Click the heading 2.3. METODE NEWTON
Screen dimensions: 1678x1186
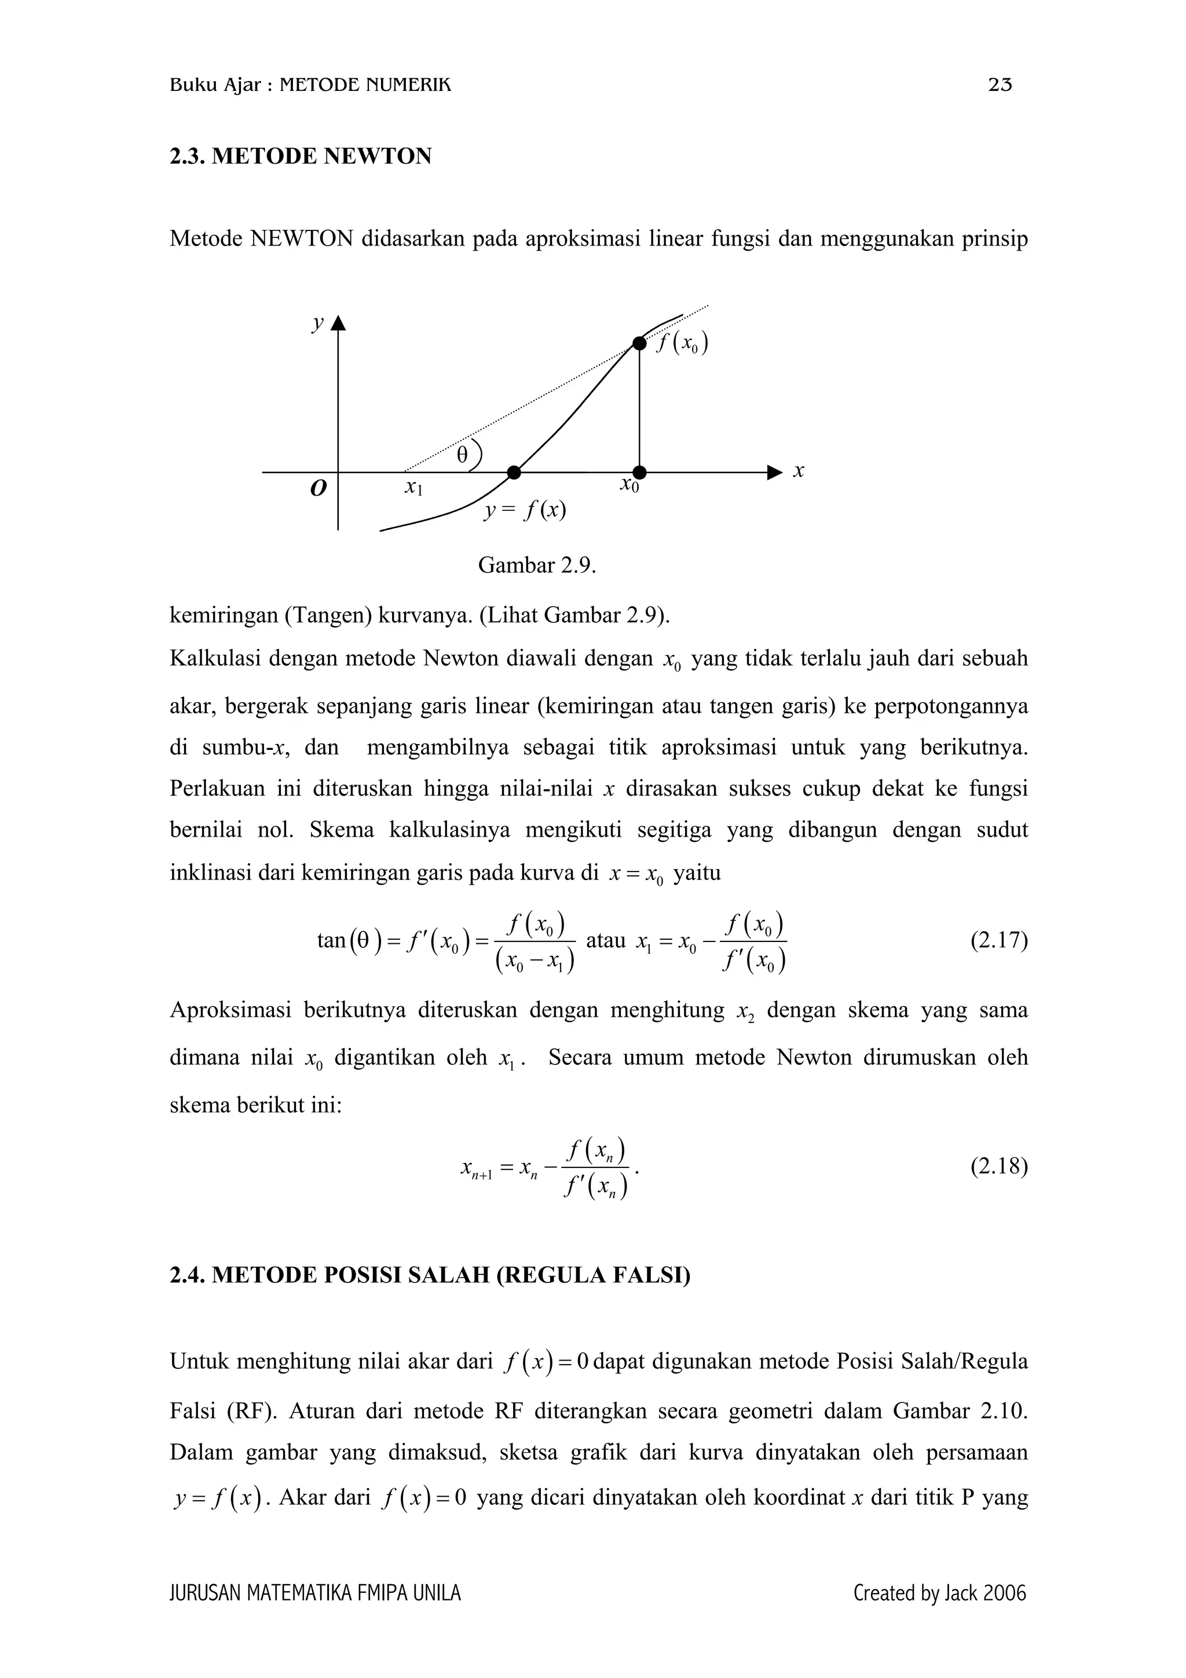coord(301,156)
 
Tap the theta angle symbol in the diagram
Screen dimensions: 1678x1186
coord(461,455)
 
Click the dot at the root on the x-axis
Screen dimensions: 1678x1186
coord(514,473)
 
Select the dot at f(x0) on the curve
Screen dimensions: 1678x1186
coord(639,343)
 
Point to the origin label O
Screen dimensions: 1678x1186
coord(318,488)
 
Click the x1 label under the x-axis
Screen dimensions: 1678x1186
coord(413,487)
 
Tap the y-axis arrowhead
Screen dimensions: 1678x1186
coord(338,324)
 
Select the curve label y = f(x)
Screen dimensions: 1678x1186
coord(525,510)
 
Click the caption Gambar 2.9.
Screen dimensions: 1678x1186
coord(537,566)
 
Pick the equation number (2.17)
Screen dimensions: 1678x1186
coord(998,940)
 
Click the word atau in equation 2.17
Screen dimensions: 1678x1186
coord(606,940)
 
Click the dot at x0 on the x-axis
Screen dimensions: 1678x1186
coord(639,473)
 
